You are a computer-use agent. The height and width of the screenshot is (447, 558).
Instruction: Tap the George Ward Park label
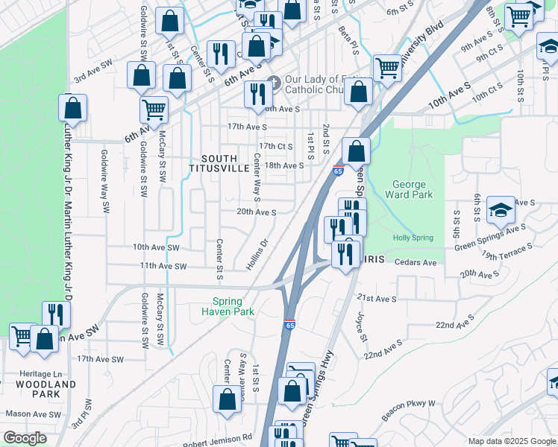point(409,190)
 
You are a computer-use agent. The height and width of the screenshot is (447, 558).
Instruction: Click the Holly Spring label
point(413,238)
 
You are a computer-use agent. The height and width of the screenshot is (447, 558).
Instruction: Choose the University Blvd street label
point(422,44)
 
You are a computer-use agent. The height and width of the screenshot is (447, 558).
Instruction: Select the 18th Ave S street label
point(284,165)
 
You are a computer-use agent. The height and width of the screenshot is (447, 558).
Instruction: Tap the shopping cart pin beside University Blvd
point(387,69)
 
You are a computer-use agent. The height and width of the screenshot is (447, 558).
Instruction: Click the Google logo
point(25,438)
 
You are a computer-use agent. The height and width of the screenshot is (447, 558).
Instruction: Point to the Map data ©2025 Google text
point(511,441)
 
